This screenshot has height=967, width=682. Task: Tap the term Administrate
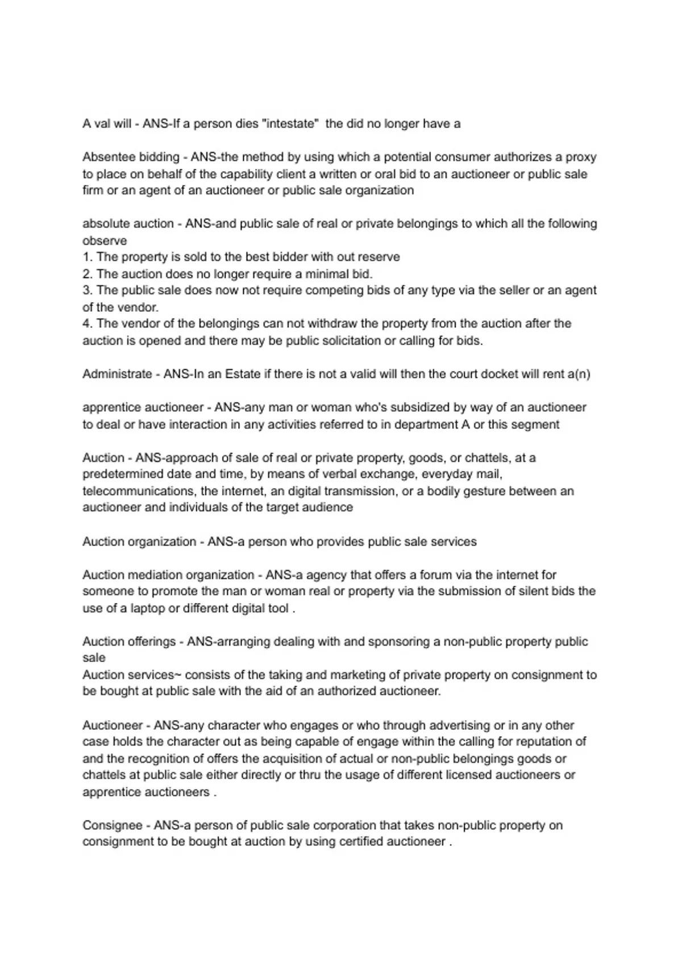coord(117,374)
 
